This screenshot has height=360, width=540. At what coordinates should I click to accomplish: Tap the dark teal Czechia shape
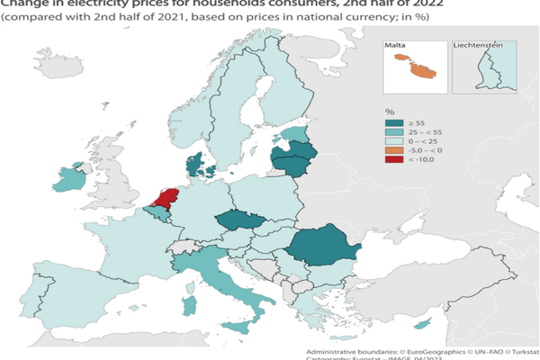(x=242, y=222)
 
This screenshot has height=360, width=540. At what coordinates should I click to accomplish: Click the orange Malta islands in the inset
(x=415, y=68)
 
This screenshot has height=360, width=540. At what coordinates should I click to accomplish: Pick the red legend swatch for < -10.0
(x=391, y=161)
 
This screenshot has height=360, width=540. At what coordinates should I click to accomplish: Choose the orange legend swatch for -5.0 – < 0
(x=391, y=149)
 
